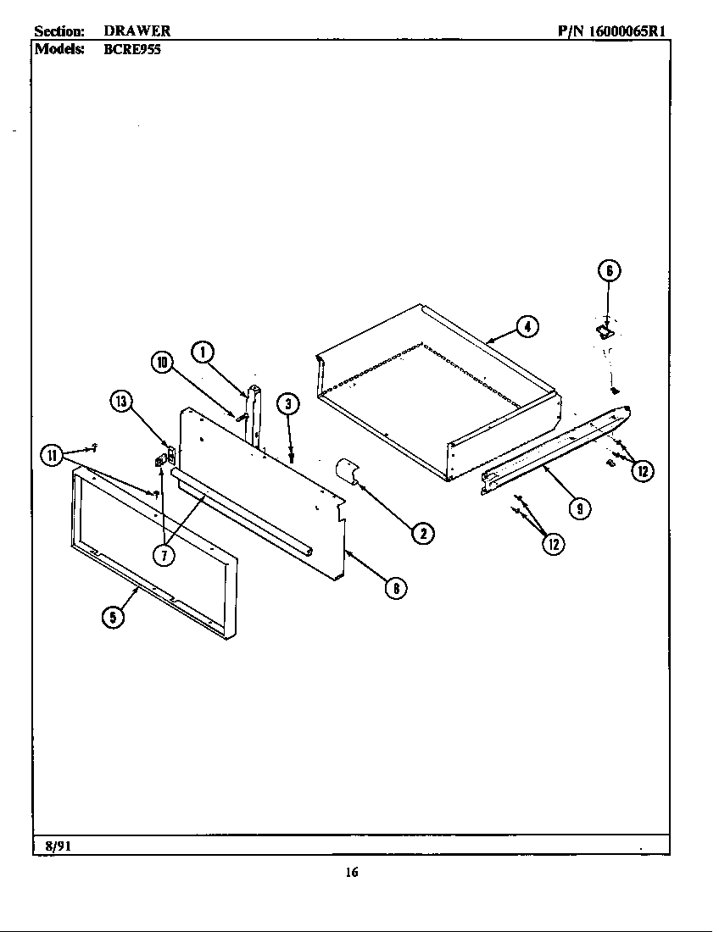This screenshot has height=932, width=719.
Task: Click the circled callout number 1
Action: tap(201, 351)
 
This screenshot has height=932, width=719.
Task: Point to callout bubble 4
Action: tap(527, 326)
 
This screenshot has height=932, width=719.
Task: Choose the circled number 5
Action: tap(112, 617)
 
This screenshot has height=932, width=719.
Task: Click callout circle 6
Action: tap(608, 270)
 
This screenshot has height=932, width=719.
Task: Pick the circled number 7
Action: tap(164, 554)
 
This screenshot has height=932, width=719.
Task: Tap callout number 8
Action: tap(394, 587)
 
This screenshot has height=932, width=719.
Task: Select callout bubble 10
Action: tap(161, 363)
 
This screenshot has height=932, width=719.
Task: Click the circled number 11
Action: tap(52, 455)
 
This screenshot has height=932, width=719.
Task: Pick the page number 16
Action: tap(352, 873)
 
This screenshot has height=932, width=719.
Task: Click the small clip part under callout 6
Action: tap(605, 331)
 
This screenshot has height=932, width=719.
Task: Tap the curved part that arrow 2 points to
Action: tap(346, 471)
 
